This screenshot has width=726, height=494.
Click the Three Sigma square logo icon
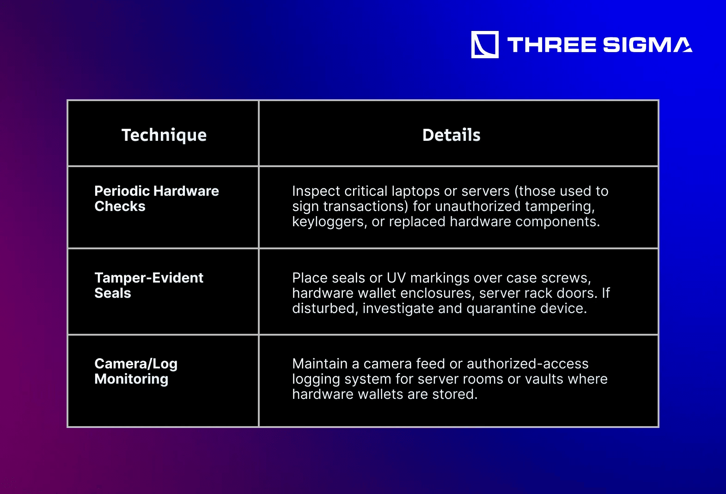(x=485, y=45)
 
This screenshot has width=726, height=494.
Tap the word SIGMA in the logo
(x=648, y=45)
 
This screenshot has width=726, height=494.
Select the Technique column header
(x=164, y=135)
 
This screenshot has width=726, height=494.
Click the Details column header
(x=451, y=135)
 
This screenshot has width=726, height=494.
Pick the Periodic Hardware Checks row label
(x=157, y=199)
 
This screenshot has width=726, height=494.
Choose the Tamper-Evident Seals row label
(x=149, y=285)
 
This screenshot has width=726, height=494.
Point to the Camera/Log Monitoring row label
(x=136, y=371)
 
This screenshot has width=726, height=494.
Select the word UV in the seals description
(x=396, y=278)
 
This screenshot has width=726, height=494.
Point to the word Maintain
(x=320, y=364)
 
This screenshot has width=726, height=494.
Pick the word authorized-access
(x=527, y=364)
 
